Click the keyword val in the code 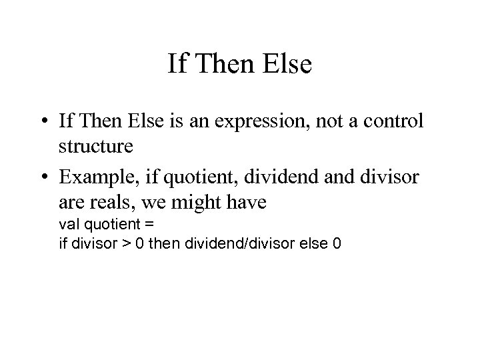coord(69,223)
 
